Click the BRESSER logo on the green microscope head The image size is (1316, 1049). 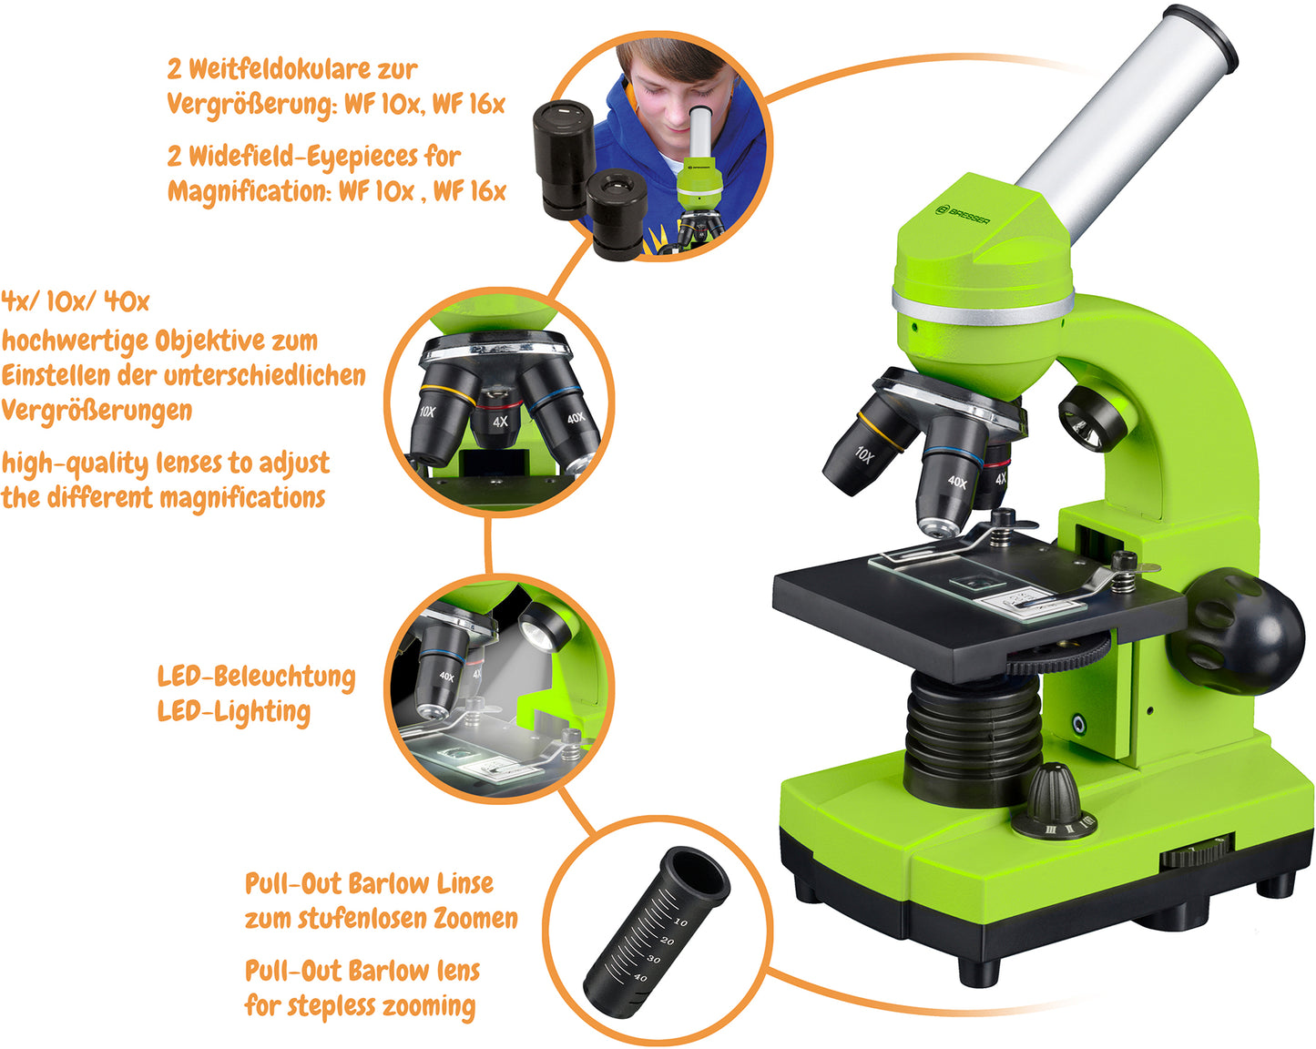[963, 215]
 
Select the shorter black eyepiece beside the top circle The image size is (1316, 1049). [617, 215]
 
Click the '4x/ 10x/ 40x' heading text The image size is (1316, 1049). [75, 301]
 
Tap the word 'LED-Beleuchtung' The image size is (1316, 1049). [256, 677]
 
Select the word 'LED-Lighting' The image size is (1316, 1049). [233, 712]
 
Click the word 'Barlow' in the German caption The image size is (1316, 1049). [388, 884]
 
